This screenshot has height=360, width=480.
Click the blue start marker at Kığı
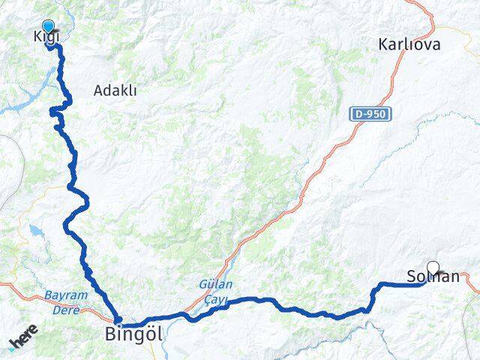tap(49, 26)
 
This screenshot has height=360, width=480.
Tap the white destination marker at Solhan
tap(433, 267)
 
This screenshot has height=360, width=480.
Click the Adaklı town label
tap(115, 91)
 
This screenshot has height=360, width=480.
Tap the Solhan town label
tap(433, 277)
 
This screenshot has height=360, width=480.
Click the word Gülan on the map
tap(216, 285)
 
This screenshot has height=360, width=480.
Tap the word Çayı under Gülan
tap(216, 298)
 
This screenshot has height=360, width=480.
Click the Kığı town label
tap(46, 37)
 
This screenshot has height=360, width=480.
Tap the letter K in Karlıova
tap(384, 44)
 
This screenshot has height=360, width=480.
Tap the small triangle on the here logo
tap(12, 347)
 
